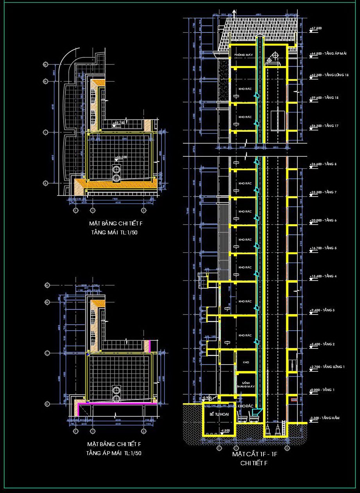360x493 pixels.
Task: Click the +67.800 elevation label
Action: pyautogui.click(x=315, y=29)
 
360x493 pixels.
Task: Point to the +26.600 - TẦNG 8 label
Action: pyautogui.click(x=323, y=164)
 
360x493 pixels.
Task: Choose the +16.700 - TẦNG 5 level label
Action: pyautogui.click(x=323, y=248)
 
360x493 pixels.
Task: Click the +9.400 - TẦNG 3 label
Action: pyautogui.click(x=322, y=310)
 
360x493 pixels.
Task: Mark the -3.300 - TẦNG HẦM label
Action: pyautogui.click(x=324, y=418)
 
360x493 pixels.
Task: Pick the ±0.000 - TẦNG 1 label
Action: pyautogui.click(x=322, y=390)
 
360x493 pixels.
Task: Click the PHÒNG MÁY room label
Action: pyautogui.click(x=243, y=55)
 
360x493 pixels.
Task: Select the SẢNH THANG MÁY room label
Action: pyautogui.click(x=245, y=385)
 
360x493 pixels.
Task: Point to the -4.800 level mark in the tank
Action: pyautogui.click(x=225, y=430)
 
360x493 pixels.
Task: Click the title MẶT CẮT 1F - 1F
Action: pyautogui.click(x=254, y=454)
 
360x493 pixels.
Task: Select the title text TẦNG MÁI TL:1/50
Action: pyautogui.click(x=115, y=232)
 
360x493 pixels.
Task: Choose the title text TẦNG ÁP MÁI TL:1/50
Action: pyautogui.click(x=114, y=453)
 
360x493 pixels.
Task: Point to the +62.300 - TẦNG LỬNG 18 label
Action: pyautogui.click(x=329, y=75)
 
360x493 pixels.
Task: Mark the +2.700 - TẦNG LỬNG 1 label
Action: pyautogui.click(x=327, y=367)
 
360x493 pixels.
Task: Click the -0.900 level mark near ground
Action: pyautogui.click(x=207, y=398)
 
